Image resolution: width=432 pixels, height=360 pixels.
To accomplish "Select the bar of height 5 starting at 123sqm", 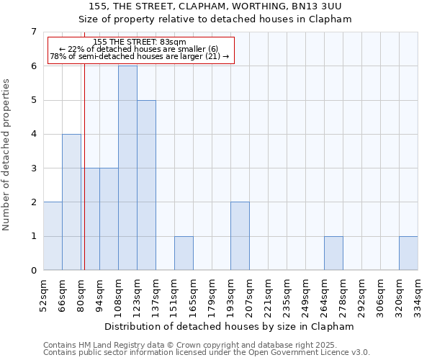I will coord(146,185).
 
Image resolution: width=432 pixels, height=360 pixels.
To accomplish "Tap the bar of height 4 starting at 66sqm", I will coord(71,202).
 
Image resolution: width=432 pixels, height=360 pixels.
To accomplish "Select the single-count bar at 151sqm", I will coord(184,253).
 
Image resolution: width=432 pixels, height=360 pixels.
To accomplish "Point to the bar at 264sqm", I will coord(333,253).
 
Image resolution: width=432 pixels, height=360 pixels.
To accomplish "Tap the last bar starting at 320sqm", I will coord(408,253).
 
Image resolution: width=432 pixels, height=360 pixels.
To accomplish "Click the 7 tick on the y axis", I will coord(33,32).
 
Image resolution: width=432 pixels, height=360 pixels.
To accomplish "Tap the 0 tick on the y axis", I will coord(33,271).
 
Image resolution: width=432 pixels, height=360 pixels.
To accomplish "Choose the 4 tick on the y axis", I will coord(33,134).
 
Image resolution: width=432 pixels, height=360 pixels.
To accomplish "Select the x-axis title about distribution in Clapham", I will coord(230,326).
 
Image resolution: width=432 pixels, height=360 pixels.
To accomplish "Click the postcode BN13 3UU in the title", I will coord(320,6).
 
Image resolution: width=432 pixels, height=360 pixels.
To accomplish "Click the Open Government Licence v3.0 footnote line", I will coord(207,353).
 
